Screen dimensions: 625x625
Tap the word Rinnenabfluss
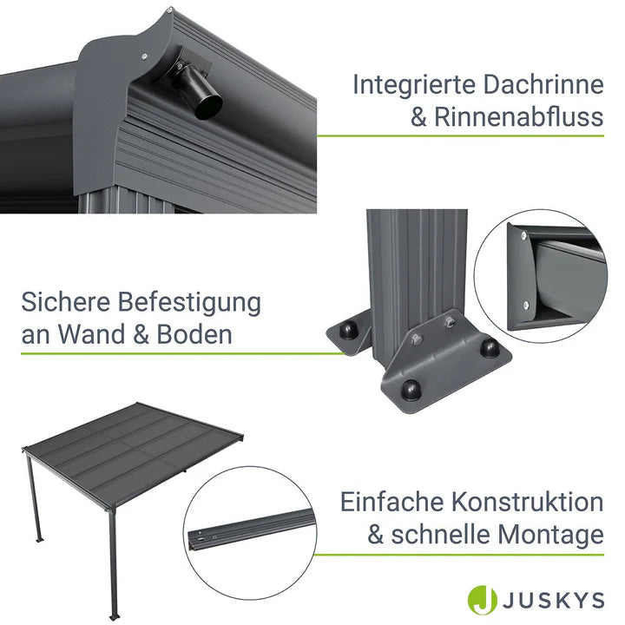[520, 117]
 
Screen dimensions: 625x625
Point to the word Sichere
[68, 303]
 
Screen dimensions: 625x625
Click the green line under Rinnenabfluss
[460, 135]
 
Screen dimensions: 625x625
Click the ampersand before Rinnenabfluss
[421, 117]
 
